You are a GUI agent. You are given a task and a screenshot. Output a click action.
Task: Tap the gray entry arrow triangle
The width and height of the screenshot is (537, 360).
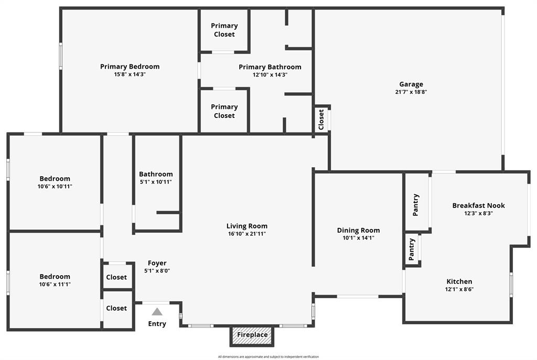157,312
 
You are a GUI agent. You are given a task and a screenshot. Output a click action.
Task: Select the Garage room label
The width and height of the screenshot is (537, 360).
411,84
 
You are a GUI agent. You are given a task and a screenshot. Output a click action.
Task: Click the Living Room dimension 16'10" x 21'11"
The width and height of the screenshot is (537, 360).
247,234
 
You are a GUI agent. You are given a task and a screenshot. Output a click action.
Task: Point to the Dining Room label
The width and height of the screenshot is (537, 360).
358,230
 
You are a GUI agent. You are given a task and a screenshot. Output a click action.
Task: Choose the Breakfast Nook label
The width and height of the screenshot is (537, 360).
478,205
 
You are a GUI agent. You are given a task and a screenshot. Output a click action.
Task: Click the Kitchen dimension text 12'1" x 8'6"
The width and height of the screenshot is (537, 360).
459,289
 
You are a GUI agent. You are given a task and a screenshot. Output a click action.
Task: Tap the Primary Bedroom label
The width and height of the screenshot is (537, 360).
130,67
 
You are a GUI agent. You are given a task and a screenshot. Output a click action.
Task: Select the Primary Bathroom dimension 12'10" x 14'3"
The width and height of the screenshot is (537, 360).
270,75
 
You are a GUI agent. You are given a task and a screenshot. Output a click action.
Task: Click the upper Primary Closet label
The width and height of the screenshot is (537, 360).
224,30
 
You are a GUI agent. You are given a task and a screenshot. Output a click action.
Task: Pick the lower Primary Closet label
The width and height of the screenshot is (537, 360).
224,111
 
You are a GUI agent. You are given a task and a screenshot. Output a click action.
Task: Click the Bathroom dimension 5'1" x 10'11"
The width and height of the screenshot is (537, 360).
156,182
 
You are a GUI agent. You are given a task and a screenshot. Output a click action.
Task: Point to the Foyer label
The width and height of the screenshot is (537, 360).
157,263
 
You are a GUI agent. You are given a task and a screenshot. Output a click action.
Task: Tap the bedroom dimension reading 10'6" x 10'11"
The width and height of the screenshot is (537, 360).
55,187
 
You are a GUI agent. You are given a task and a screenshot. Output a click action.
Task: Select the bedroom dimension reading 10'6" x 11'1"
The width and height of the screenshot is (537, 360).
55,285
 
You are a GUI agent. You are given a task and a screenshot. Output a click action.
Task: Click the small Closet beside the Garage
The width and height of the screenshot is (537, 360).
321,119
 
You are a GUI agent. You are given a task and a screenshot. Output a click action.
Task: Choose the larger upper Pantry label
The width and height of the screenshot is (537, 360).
416,205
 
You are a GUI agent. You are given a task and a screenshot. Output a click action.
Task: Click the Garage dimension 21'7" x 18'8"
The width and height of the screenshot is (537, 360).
411,92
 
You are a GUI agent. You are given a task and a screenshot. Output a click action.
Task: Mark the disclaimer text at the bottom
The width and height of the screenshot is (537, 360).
268,357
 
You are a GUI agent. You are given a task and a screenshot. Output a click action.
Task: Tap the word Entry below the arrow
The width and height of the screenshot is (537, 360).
157,324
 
